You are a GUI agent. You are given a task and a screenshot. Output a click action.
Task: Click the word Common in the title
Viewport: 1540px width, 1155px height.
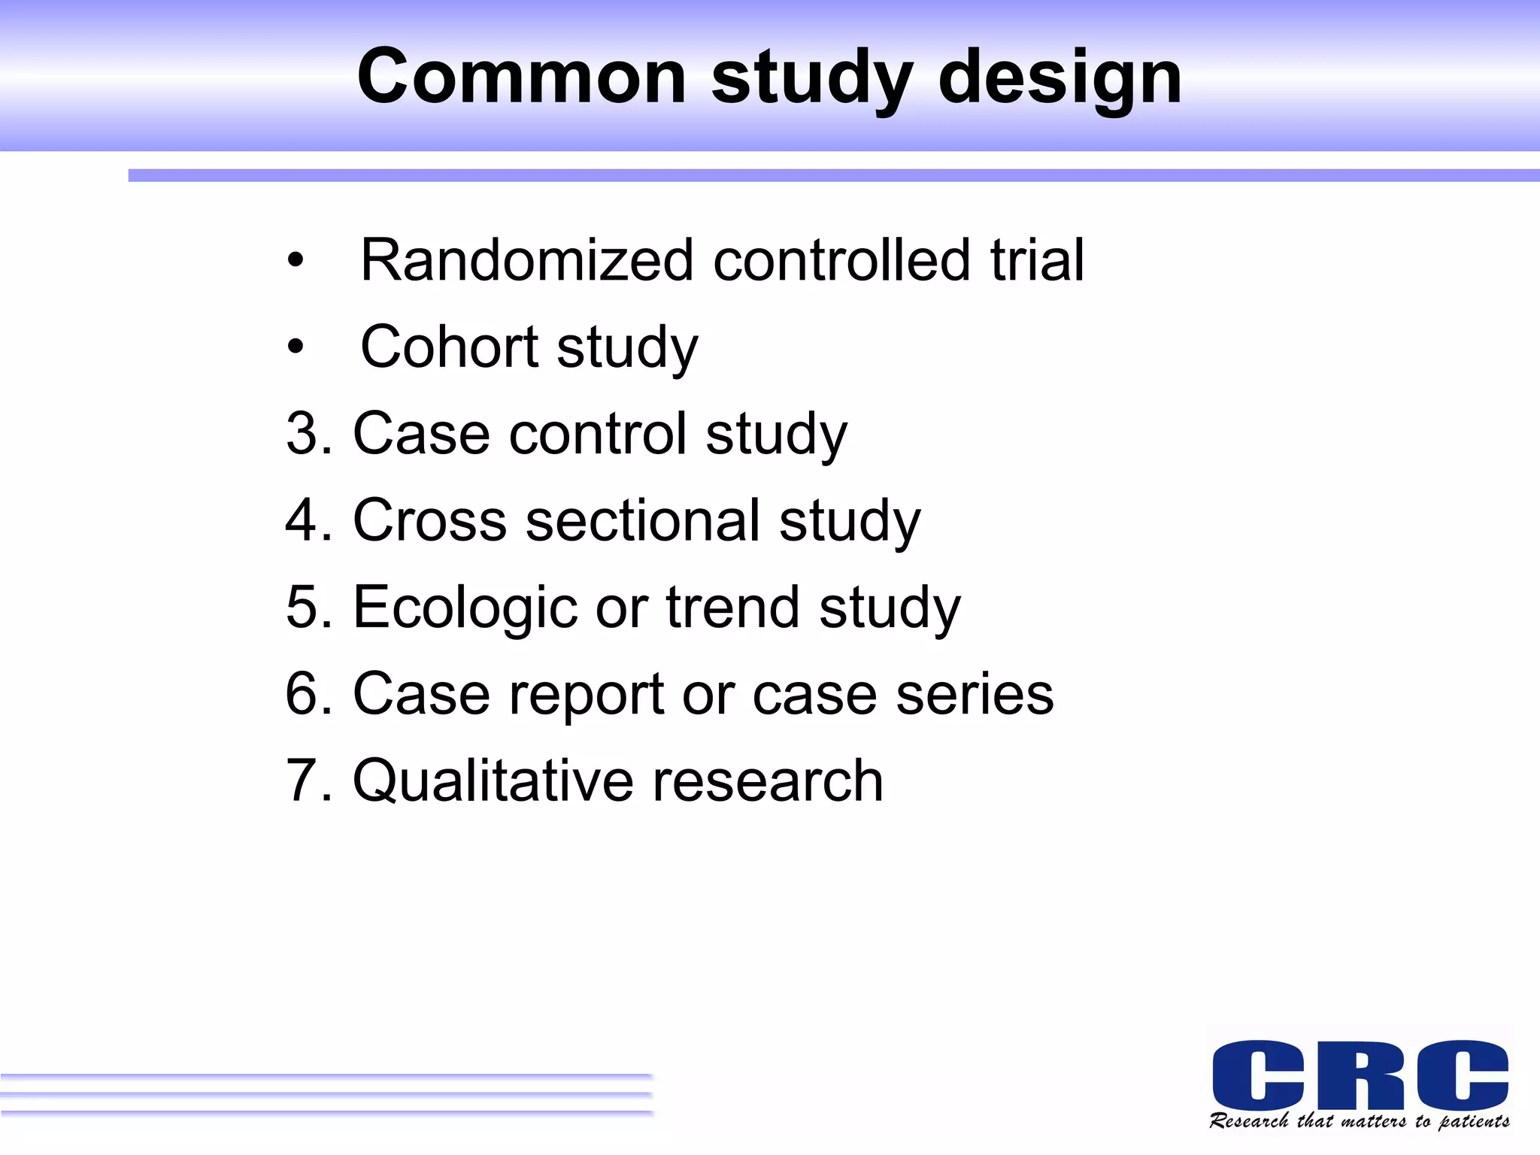pyautogui.click(x=522, y=77)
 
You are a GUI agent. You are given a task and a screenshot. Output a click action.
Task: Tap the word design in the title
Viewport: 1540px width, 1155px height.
pyautogui.click(x=1060, y=78)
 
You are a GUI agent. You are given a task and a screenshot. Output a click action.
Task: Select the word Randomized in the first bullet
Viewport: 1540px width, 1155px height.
pyautogui.click(x=526, y=260)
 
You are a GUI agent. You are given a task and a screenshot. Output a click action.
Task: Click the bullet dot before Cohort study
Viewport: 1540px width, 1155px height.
pyautogui.click(x=296, y=347)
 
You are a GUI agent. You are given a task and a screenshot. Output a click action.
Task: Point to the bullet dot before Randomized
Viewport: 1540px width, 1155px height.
pyautogui.click(x=296, y=261)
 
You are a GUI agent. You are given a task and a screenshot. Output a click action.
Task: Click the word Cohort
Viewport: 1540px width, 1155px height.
pyautogui.click(x=449, y=347)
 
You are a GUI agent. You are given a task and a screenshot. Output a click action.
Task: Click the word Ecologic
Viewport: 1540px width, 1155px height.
pyautogui.click(x=464, y=608)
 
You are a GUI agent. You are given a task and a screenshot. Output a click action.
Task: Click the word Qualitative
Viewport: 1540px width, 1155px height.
pyautogui.click(x=493, y=781)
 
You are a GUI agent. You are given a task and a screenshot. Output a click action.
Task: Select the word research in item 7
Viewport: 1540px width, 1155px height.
pyautogui.click(x=767, y=781)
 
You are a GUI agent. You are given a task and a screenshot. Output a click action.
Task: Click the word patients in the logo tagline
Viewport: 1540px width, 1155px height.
pyautogui.click(x=1474, y=1122)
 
